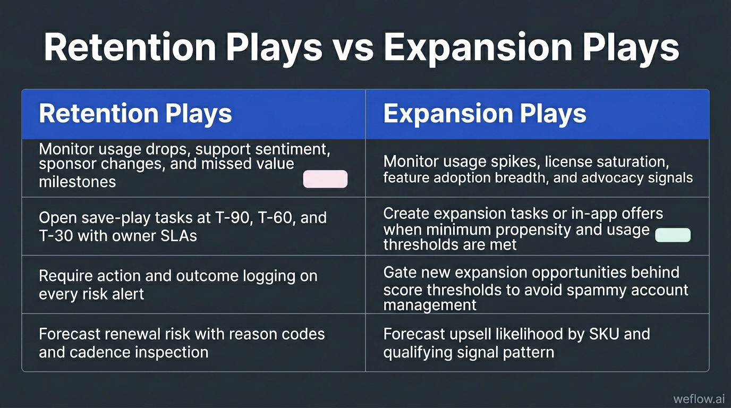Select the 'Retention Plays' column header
[135, 114]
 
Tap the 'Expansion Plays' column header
[484, 114]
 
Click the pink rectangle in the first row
[325, 180]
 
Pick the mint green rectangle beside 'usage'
[673, 235]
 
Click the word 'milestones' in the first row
[77, 182]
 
